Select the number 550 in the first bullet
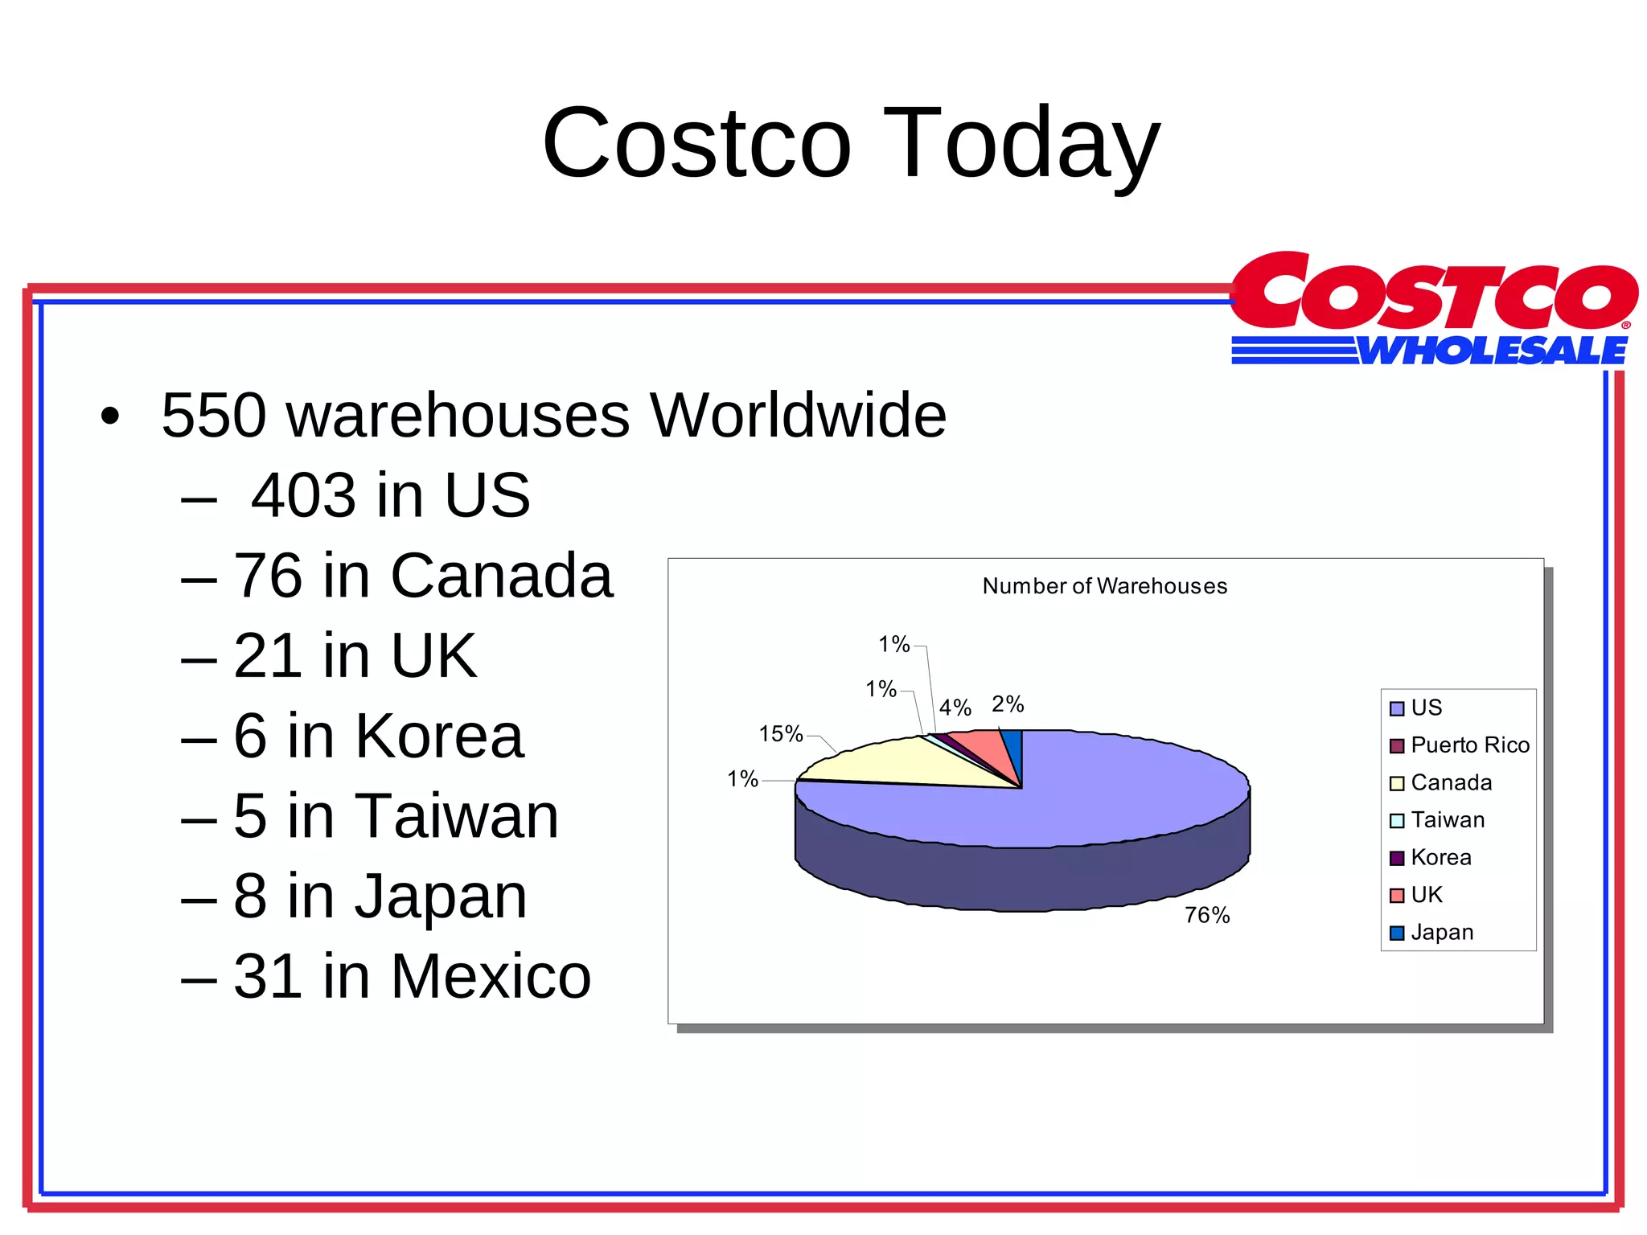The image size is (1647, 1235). click(214, 416)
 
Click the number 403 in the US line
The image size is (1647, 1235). click(302, 495)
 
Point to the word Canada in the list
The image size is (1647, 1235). click(502, 576)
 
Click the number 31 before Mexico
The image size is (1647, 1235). click(268, 976)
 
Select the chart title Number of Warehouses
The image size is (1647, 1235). click(1104, 586)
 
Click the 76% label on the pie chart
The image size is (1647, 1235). click(1206, 915)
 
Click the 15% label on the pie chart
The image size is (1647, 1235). click(781, 733)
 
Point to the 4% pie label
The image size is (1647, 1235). click(955, 708)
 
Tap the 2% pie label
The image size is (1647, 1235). click(1007, 704)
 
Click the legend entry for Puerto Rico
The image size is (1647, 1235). click(1468, 745)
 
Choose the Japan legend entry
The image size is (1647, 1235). click(1441, 933)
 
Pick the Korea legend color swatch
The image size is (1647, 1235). click(1397, 858)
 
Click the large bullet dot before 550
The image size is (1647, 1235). click(110, 416)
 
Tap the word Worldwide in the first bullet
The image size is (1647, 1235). click(798, 416)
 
